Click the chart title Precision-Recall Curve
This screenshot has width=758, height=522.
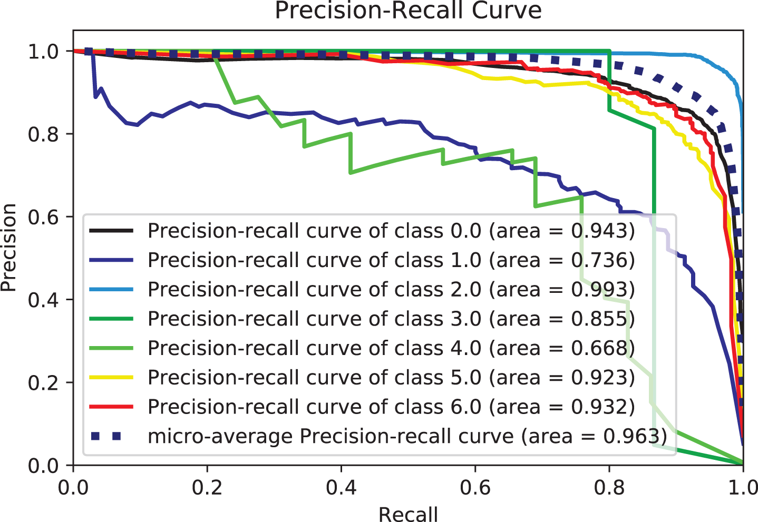(408, 11)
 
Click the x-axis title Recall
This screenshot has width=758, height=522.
(408, 514)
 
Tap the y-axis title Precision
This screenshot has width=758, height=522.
(9, 248)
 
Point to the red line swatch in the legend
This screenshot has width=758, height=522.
(111, 407)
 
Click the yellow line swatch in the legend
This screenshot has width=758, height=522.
(111, 377)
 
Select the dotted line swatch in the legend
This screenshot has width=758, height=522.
(111, 436)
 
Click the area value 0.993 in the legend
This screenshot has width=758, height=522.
(602, 289)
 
